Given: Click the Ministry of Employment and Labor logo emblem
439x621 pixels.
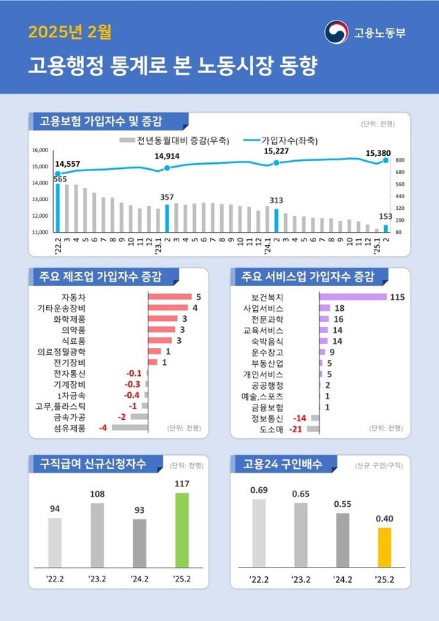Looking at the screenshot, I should click(x=337, y=33).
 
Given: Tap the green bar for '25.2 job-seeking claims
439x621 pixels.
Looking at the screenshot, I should click(x=181, y=530).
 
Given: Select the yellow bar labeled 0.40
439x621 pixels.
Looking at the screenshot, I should click(x=384, y=548).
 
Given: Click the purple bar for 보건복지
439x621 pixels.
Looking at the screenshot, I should click(x=353, y=297).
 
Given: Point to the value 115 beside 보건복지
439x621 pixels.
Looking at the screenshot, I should click(x=397, y=297).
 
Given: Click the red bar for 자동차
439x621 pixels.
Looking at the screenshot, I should click(x=170, y=297).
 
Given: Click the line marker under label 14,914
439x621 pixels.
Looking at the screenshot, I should click(x=168, y=168).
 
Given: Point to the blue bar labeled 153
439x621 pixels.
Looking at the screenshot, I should click(x=386, y=228).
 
